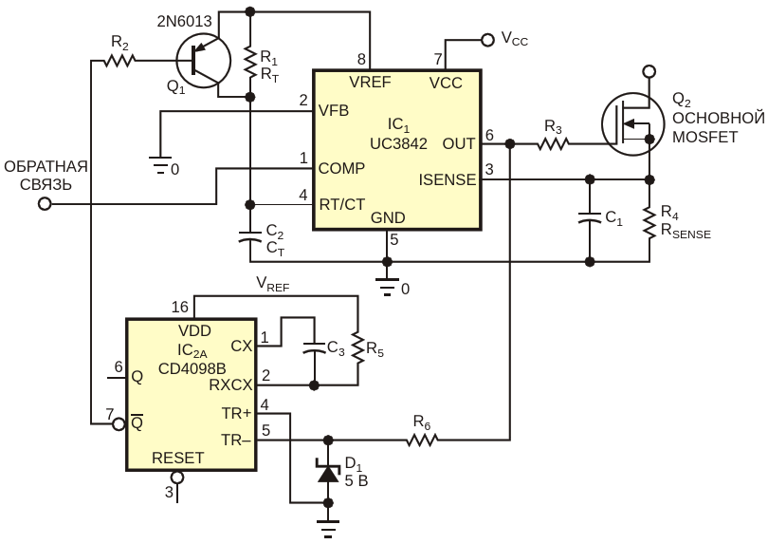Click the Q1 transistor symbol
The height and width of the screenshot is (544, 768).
(x=203, y=61)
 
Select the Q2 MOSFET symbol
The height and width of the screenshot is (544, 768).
(x=632, y=124)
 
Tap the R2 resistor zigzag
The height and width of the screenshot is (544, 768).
(x=119, y=61)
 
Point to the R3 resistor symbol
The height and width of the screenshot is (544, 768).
(x=553, y=143)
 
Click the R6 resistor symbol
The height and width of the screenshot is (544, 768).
(x=422, y=440)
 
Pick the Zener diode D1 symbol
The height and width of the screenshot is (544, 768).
(x=328, y=472)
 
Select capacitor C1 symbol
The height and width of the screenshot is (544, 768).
(x=590, y=218)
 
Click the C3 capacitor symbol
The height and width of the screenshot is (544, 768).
(x=315, y=348)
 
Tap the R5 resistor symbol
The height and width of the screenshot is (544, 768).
(x=358, y=348)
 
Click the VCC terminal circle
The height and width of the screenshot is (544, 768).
(x=487, y=40)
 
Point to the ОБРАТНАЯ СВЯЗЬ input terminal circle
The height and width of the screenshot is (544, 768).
(x=45, y=203)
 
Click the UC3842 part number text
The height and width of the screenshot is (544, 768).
(x=398, y=143)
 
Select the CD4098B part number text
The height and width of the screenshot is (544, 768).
(x=192, y=368)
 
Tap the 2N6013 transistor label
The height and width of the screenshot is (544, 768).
(x=184, y=22)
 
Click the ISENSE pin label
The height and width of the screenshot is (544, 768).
(x=448, y=180)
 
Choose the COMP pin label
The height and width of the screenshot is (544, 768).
(x=341, y=168)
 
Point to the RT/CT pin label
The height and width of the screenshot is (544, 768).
(x=342, y=204)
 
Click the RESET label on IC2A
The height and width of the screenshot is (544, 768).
(x=178, y=458)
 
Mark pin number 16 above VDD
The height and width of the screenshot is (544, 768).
(x=180, y=307)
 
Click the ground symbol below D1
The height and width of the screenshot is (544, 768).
(x=328, y=528)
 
